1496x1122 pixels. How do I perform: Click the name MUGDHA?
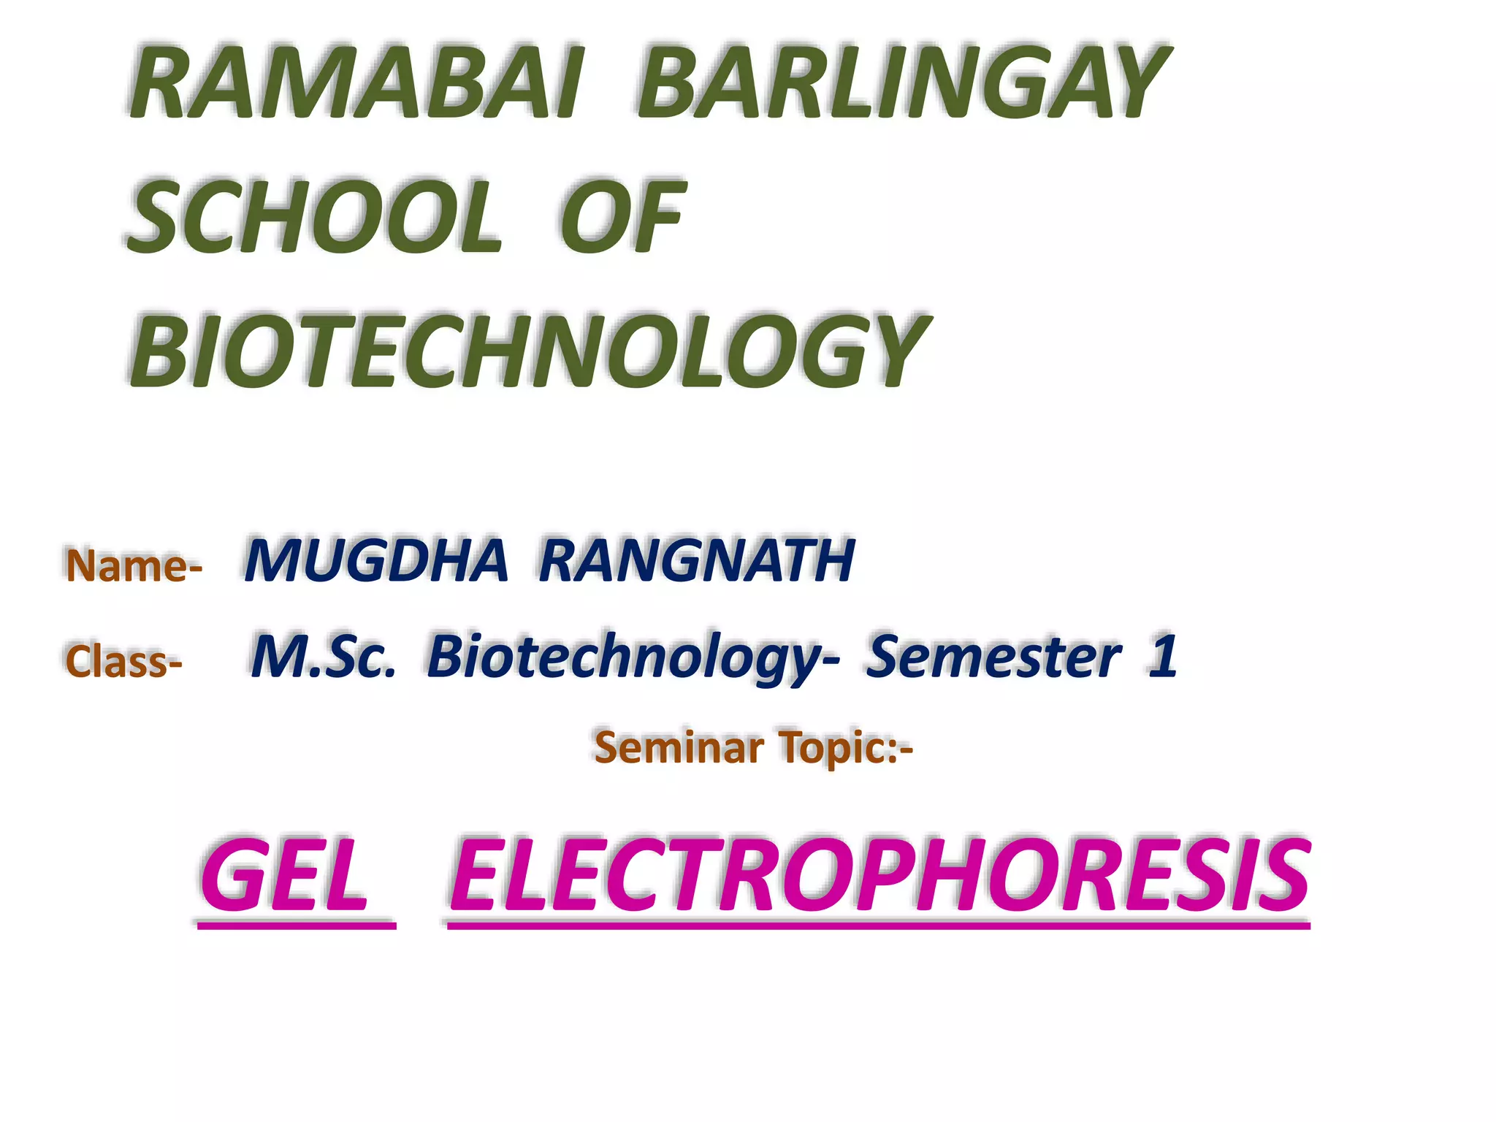pos(376,560)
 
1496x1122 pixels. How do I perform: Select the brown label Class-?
pos(123,662)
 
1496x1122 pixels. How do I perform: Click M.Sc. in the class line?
pos(323,656)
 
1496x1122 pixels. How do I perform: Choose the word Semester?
pos(993,656)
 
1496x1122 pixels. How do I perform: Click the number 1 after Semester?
pos(1162,656)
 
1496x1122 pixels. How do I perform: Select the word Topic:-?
pos(846,749)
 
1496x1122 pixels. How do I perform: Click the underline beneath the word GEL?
pos(297,926)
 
